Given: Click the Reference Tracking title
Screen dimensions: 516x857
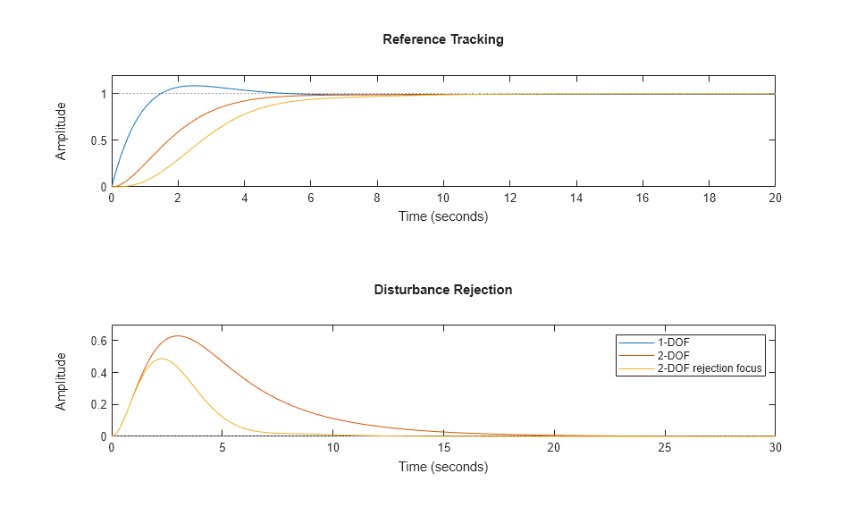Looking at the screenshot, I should [442, 39].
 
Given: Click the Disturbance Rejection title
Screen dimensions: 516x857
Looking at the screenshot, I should [442, 290].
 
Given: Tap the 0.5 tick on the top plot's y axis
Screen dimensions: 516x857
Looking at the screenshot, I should [98, 140].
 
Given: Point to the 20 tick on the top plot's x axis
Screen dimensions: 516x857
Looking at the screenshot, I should [775, 199].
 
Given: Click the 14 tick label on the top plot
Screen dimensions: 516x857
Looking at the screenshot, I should [576, 199].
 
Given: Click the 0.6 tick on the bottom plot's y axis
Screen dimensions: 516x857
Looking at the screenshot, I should [98, 341].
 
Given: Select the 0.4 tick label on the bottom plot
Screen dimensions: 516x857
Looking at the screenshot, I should [98, 373].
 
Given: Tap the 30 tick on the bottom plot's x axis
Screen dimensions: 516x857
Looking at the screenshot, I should [775, 448].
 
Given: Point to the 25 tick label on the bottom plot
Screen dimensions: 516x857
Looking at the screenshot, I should [664, 448].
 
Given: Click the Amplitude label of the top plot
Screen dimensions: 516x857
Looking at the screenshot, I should [61, 131].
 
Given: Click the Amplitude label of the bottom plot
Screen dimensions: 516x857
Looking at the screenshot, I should [61, 381].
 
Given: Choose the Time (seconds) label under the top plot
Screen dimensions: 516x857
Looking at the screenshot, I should [442, 216].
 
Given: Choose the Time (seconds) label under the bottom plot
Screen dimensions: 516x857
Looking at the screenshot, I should [442, 466].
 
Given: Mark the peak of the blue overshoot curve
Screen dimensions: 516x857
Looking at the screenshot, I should [193, 86].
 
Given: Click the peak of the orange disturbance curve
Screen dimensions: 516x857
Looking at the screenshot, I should [178, 336].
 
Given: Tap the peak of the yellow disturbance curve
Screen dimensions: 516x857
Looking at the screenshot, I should [161, 359].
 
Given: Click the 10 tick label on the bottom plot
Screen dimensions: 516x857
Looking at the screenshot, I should [332, 448].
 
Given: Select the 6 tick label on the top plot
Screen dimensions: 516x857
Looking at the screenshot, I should [310, 199].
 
